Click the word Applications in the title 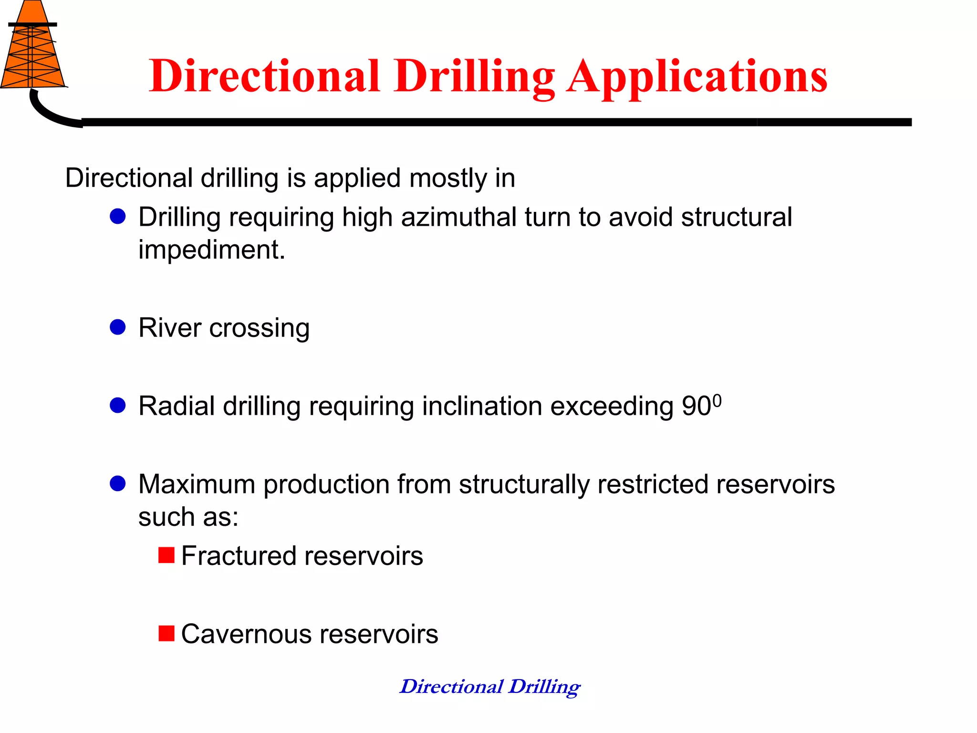click(697, 76)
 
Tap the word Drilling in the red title click(475, 76)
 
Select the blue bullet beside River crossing click(117, 327)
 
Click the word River click(170, 328)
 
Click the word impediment click(211, 250)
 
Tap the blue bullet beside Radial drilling click(117, 406)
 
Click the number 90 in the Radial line click(696, 407)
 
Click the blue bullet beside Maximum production click(117, 483)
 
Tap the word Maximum click(197, 484)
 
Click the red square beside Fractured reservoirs click(166, 555)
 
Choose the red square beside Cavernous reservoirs click(166, 633)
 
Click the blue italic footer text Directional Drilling click(490, 687)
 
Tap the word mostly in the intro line click(448, 178)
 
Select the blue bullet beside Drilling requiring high click(117, 217)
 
